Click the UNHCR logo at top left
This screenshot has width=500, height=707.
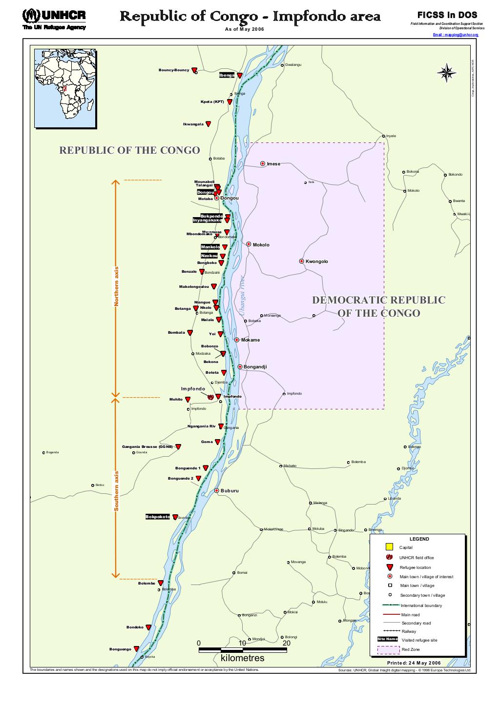click(54, 19)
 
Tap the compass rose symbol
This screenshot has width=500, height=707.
click(446, 73)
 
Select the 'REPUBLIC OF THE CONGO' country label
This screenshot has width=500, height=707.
click(129, 150)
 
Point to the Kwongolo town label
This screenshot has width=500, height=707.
click(316, 262)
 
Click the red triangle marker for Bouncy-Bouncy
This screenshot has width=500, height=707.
click(194, 70)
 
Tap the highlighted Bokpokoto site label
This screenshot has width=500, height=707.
click(158, 517)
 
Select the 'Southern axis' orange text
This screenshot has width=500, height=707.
click(116, 491)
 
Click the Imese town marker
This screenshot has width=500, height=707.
click(263, 163)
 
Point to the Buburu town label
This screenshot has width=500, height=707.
click(229, 491)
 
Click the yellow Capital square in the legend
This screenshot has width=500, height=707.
click(389, 547)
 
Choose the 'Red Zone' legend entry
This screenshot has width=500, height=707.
click(410, 649)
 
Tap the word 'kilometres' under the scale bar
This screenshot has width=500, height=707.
click(242, 658)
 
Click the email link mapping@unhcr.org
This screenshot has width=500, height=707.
click(456, 36)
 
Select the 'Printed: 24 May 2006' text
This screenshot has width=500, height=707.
click(414, 663)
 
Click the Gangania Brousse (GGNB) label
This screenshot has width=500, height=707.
click(147, 446)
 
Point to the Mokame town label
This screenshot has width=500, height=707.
click(250, 340)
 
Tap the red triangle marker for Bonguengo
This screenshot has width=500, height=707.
click(136, 649)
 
